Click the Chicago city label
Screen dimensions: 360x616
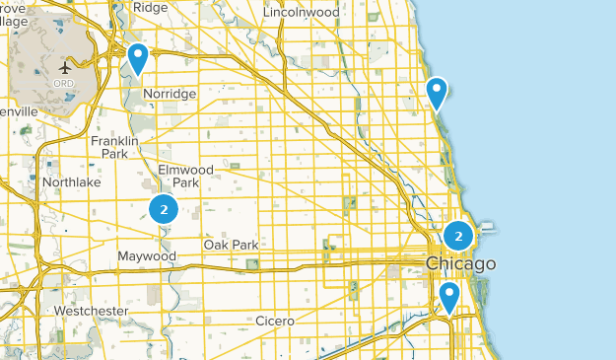point(460,264)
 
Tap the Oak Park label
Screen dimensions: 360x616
point(231,245)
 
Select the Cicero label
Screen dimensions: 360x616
point(275,321)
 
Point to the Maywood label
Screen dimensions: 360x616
point(147,256)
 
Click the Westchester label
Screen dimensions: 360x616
point(91,311)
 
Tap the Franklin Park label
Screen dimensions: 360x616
point(114,147)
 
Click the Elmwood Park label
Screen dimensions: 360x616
point(179,176)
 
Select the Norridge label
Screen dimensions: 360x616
point(170,94)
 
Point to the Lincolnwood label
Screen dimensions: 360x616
point(300,13)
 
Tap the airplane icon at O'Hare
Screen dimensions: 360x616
point(66,68)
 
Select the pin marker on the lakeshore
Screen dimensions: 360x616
point(437,93)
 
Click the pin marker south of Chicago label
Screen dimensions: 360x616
point(449,296)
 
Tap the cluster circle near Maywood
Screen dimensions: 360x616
point(164,208)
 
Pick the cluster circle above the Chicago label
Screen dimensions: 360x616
point(458,236)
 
